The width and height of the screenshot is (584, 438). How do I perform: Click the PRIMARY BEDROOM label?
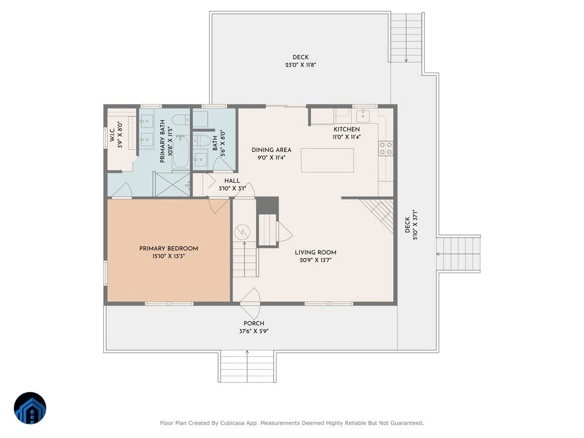click(168, 249)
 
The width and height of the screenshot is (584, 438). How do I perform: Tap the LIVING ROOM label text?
click(315, 253)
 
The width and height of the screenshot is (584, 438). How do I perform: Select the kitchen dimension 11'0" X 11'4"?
click(347, 137)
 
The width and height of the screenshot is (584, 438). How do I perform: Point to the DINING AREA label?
click(272, 150)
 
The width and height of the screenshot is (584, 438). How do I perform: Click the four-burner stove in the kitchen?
click(386, 148)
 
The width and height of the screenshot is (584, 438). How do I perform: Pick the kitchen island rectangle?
click(327, 161)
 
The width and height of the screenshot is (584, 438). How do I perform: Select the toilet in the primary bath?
click(181, 120)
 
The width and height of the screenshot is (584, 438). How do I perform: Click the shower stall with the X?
click(173, 184)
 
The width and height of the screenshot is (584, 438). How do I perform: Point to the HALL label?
click(232, 181)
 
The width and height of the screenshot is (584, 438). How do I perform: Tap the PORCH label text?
click(254, 324)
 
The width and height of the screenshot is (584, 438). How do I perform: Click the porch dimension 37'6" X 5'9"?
click(254, 331)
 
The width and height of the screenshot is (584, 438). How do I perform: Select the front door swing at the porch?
click(250, 303)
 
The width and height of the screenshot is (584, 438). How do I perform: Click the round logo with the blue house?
click(30, 408)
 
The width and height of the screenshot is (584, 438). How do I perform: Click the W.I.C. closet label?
click(112, 135)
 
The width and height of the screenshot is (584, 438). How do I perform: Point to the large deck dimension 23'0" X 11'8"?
click(301, 65)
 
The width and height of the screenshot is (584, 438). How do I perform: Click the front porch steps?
click(247, 366)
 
